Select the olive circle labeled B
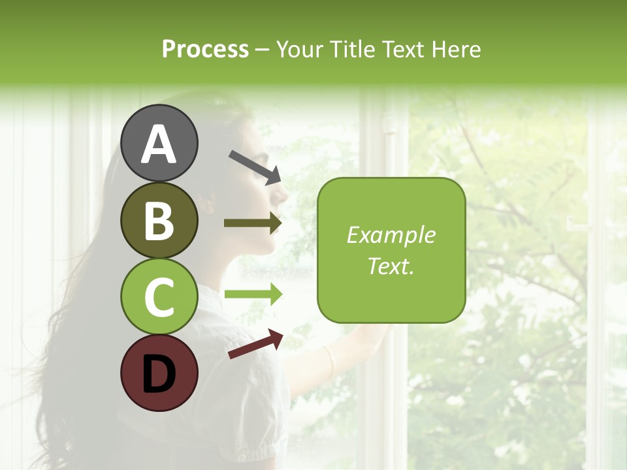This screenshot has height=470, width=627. pos(159,220)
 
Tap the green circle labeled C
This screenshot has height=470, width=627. pos(159,297)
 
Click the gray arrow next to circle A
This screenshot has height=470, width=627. pos(255,166)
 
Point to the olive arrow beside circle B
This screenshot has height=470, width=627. pos(253,223)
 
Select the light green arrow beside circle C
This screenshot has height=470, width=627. pos(253,294)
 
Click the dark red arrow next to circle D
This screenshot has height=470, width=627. pos(255,344)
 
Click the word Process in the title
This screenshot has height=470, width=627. pos(205,50)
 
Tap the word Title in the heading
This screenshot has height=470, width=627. pos(352,50)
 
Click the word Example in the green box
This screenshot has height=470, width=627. pos(391,235)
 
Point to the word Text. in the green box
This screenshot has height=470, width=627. pos(391,266)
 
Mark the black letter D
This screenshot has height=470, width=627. pos(159,373)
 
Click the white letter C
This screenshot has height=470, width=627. pos(159,297)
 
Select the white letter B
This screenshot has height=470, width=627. pos(159,220)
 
